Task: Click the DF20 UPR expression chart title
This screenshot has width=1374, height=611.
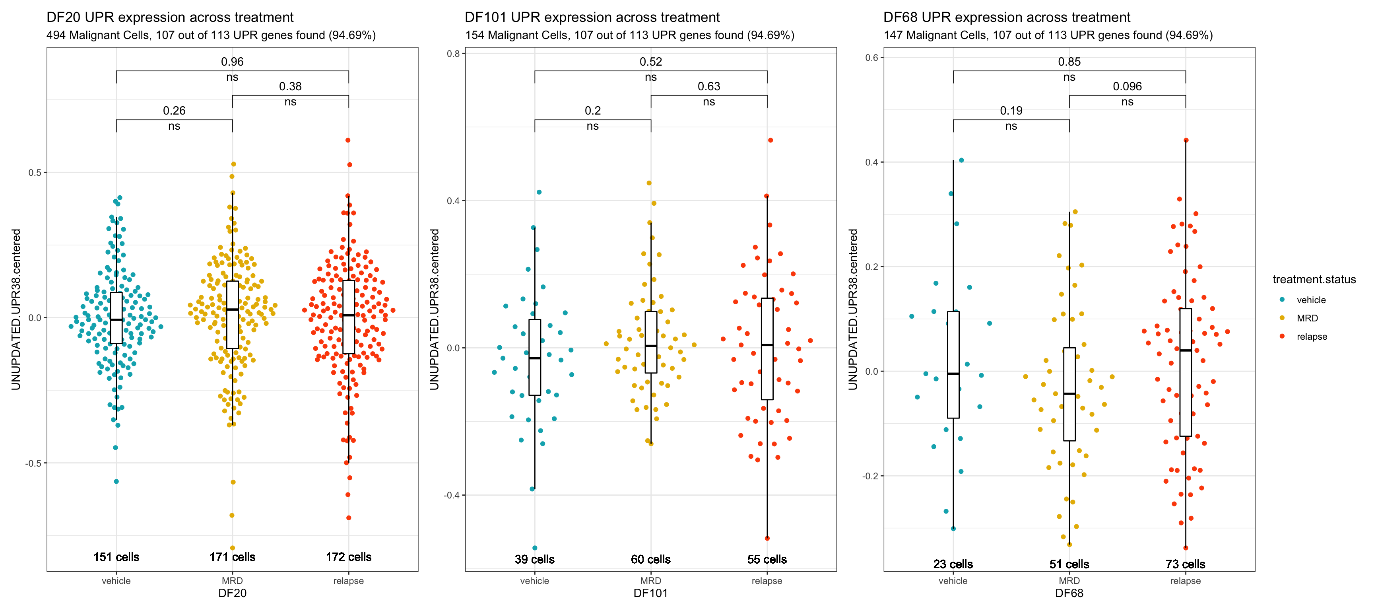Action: click(x=170, y=17)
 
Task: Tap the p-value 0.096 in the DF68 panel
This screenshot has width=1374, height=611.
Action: click(x=1127, y=86)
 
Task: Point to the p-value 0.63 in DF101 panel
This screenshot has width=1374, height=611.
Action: click(x=708, y=86)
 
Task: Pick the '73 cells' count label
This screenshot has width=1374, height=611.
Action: click(x=1185, y=564)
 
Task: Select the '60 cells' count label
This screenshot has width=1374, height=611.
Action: click(x=651, y=559)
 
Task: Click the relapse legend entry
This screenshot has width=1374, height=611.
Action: click(x=1312, y=337)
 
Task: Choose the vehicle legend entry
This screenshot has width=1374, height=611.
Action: click(x=1311, y=300)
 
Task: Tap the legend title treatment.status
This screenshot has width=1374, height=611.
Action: click(x=1314, y=280)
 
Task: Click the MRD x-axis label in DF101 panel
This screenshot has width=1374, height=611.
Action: click(x=651, y=581)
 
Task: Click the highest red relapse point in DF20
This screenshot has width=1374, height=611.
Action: click(x=348, y=140)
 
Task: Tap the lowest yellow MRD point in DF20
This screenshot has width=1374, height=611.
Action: click(x=233, y=547)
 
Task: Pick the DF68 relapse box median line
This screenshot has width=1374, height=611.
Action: click(x=1185, y=350)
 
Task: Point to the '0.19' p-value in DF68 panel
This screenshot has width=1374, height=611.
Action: click(x=1011, y=111)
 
